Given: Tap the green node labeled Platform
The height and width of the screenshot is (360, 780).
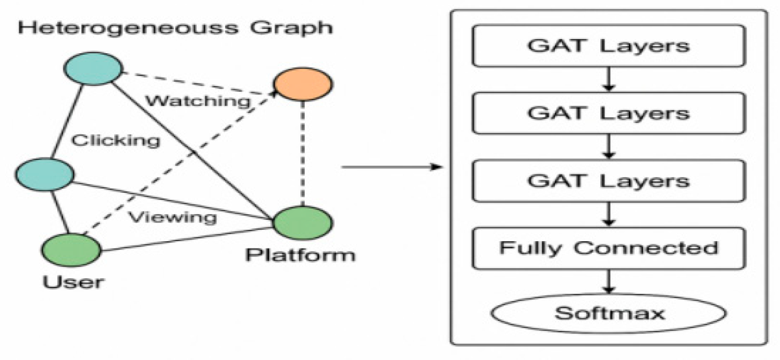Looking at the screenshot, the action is (303, 223).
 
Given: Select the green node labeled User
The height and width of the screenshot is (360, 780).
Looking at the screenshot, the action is (71, 250).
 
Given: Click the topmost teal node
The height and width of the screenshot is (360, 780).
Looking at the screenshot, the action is (94, 69).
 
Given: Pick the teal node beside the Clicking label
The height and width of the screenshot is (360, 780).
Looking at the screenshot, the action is (44, 175).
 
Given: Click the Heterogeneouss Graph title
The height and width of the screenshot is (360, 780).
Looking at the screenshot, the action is (175, 27).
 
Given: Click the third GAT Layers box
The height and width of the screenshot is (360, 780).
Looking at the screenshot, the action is (608, 181).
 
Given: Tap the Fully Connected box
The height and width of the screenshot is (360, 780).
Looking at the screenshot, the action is (608, 248).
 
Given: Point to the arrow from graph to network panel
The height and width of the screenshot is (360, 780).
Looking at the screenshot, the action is (391, 167).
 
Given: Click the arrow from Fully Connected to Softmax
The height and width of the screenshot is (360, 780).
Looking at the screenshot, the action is (609, 282).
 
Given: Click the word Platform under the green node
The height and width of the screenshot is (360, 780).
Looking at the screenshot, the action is (301, 255).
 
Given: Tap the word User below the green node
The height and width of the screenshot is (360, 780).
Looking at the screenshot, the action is (73, 282).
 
